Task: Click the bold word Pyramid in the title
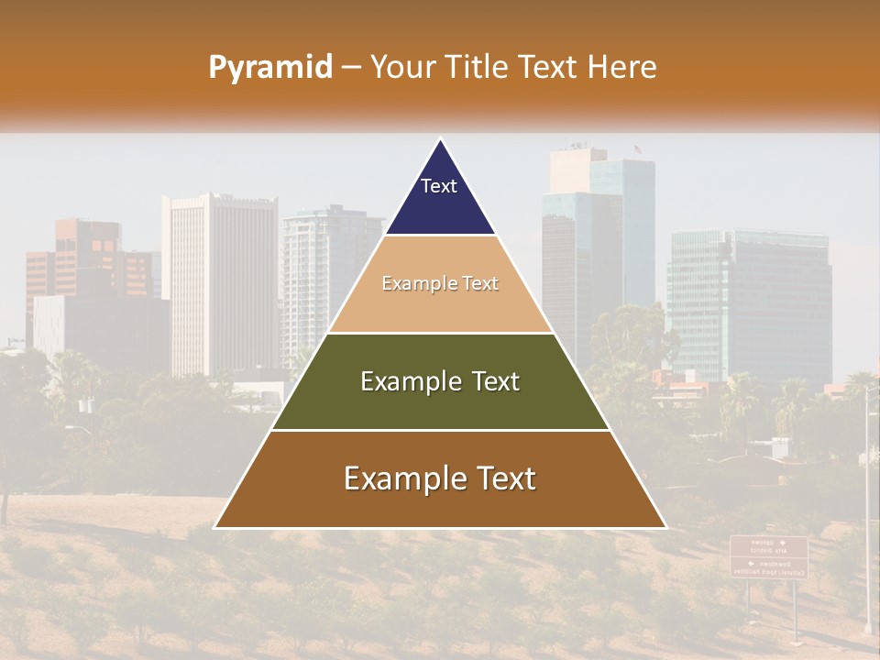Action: [269, 68]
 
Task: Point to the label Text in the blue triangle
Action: [439, 186]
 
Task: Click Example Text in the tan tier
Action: [440, 284]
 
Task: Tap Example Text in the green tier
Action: [440, 381]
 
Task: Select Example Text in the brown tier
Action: [440, 478]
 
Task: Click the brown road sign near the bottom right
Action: [768, 556]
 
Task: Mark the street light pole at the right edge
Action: [867, 513]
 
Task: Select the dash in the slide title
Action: [351, 68]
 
